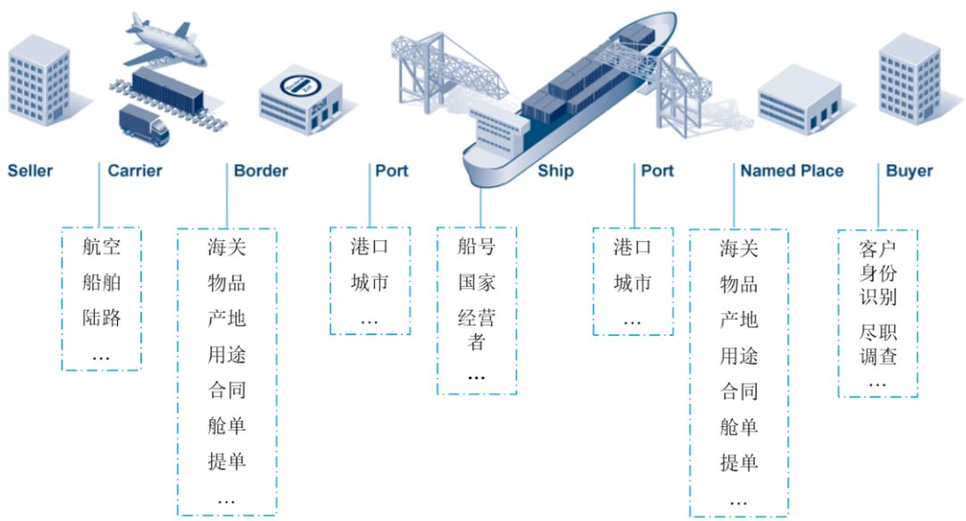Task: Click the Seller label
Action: coord(30,171)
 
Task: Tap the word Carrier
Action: coord(135,171)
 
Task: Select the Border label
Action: coord(261,171)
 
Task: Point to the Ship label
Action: coord(555,171)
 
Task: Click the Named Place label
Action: coord(792,171)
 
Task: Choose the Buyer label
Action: coord(909,171)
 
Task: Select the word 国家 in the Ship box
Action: coord(477,283)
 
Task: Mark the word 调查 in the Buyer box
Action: coord(877,357)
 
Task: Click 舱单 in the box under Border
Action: coord(226,426)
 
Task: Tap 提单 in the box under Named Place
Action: coord(739,462)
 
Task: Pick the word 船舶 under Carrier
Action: coord(101,282)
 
